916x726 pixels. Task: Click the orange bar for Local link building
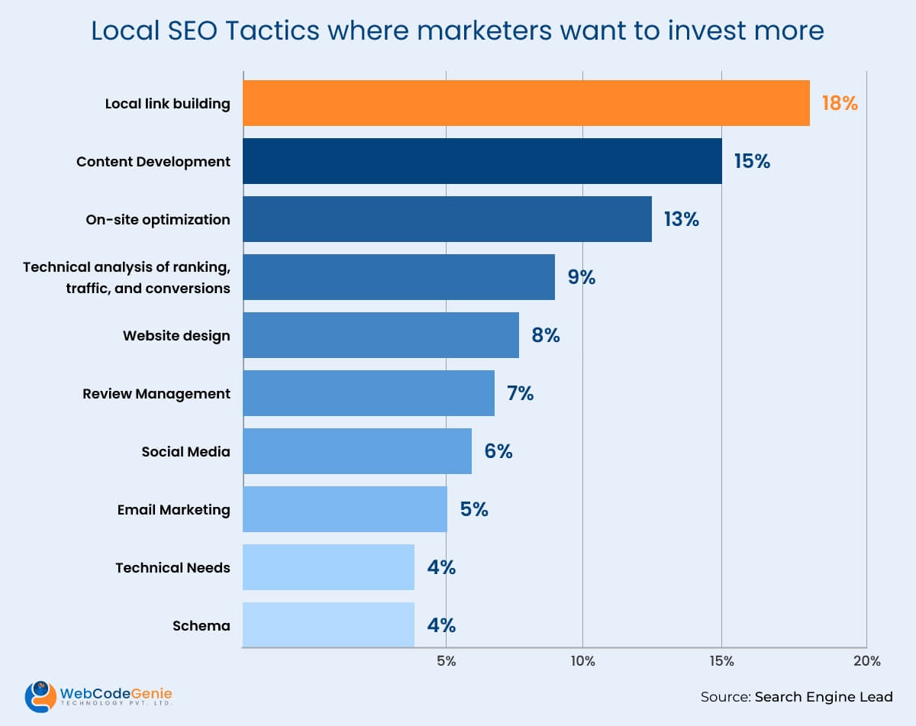pyautogui.click(x=526, y=103)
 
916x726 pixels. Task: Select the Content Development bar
pyautogui.click(x=482, y=161)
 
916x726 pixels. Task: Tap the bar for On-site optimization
pyautogui.click(x=447, y=219)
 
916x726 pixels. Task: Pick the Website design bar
pyautogui.click(x=381, y=335)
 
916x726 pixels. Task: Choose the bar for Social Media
pyautogui.click(x=357, y=451)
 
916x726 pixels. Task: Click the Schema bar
pyautogui.click(x=328, y=625)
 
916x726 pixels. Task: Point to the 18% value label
pyautogui.click(x=840, y=103)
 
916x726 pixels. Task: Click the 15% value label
pyautogui.click(x=752, y=161)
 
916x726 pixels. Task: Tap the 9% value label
pyautogui.click(x=581, y=277)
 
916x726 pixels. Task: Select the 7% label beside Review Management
pyautogui.click(x=520, y=393)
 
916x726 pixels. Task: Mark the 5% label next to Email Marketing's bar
pyautogui.click(x=474, y=509)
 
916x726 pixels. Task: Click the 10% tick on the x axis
pyautogui.click(x=582, y=661)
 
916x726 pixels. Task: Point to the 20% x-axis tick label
pyautogui.click(x=866, y=661)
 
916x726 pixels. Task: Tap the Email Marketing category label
pyautogui.click(x=173, y=509)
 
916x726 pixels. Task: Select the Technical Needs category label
pyautogui.click(x=173, y=567)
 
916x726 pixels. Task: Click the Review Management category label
pyautogui.click(x=156, y=393)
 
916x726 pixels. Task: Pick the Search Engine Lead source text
pyautogui.click(x=824, y=696)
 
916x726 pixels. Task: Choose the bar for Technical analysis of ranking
pyautogui.click(x=398, y=277)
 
